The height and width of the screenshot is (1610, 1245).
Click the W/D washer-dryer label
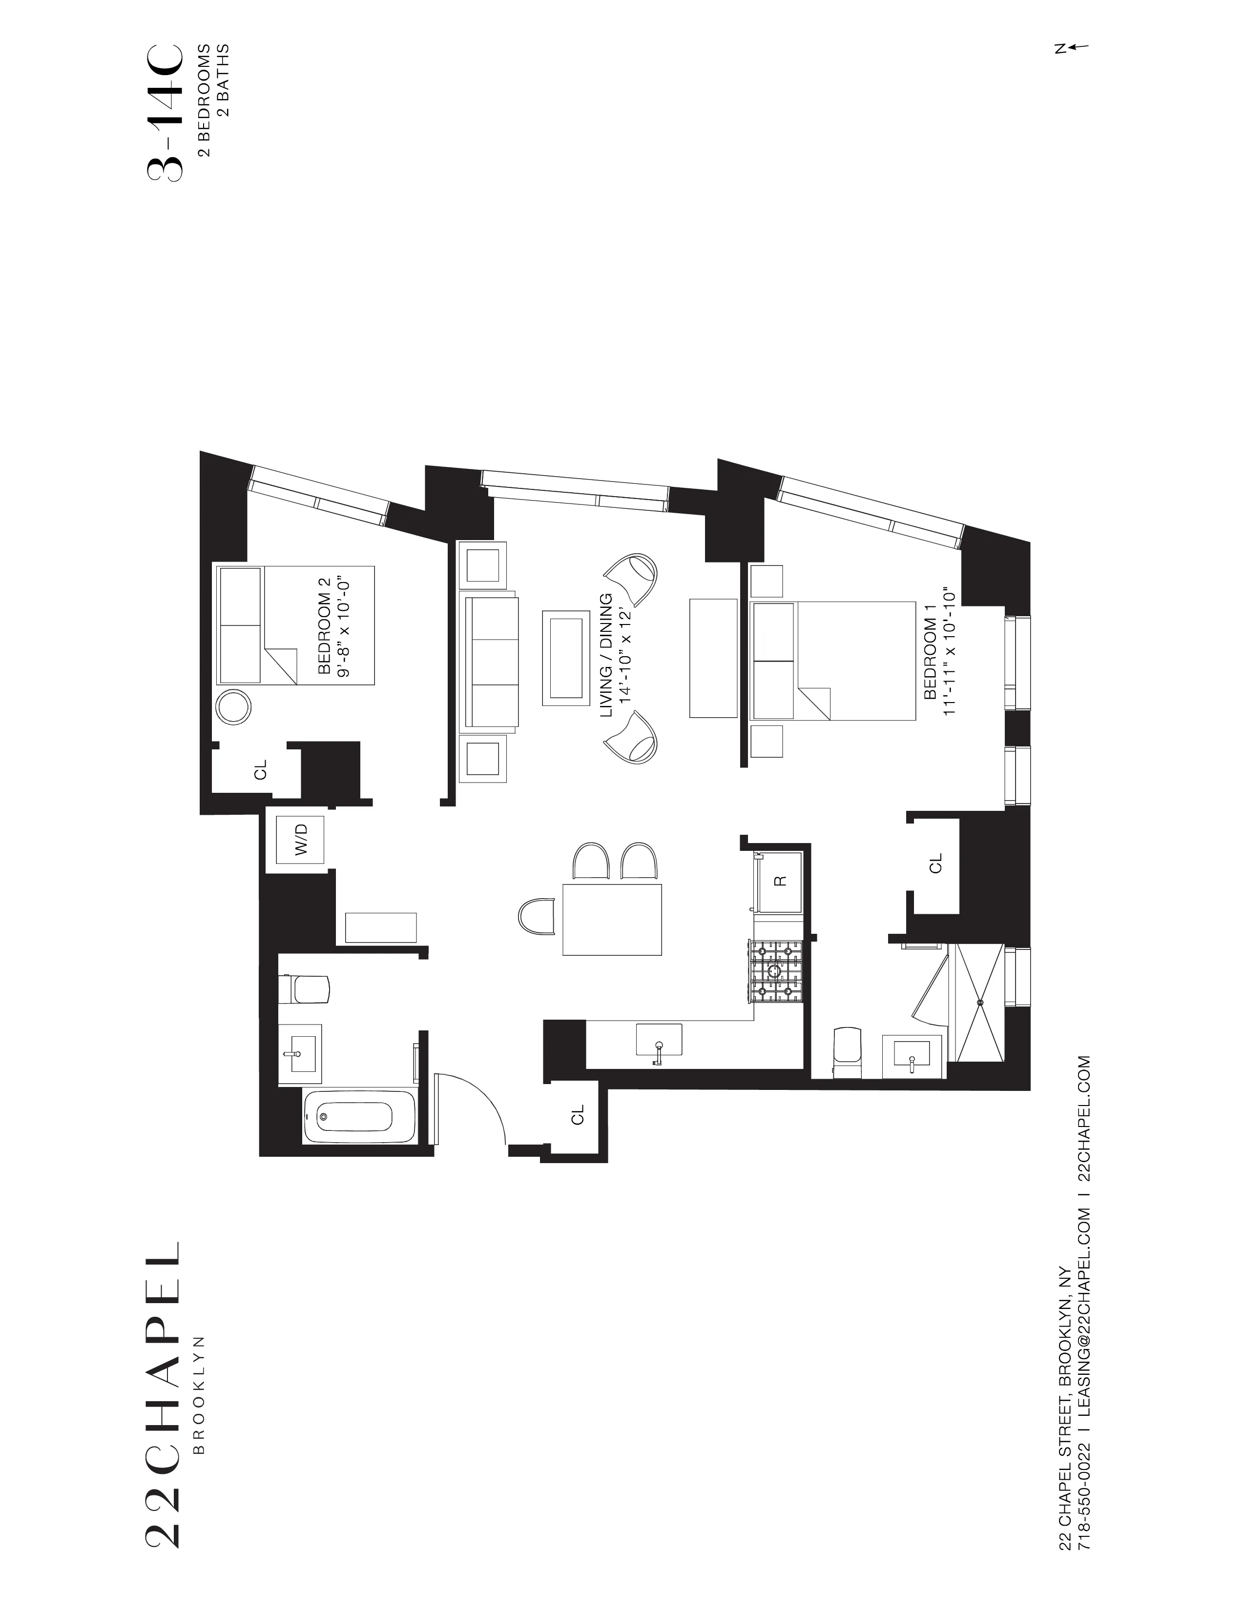tap(301, 841)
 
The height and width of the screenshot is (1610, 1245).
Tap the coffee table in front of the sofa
tap(566, 658)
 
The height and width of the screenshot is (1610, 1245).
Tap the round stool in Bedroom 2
tap(234, 708)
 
